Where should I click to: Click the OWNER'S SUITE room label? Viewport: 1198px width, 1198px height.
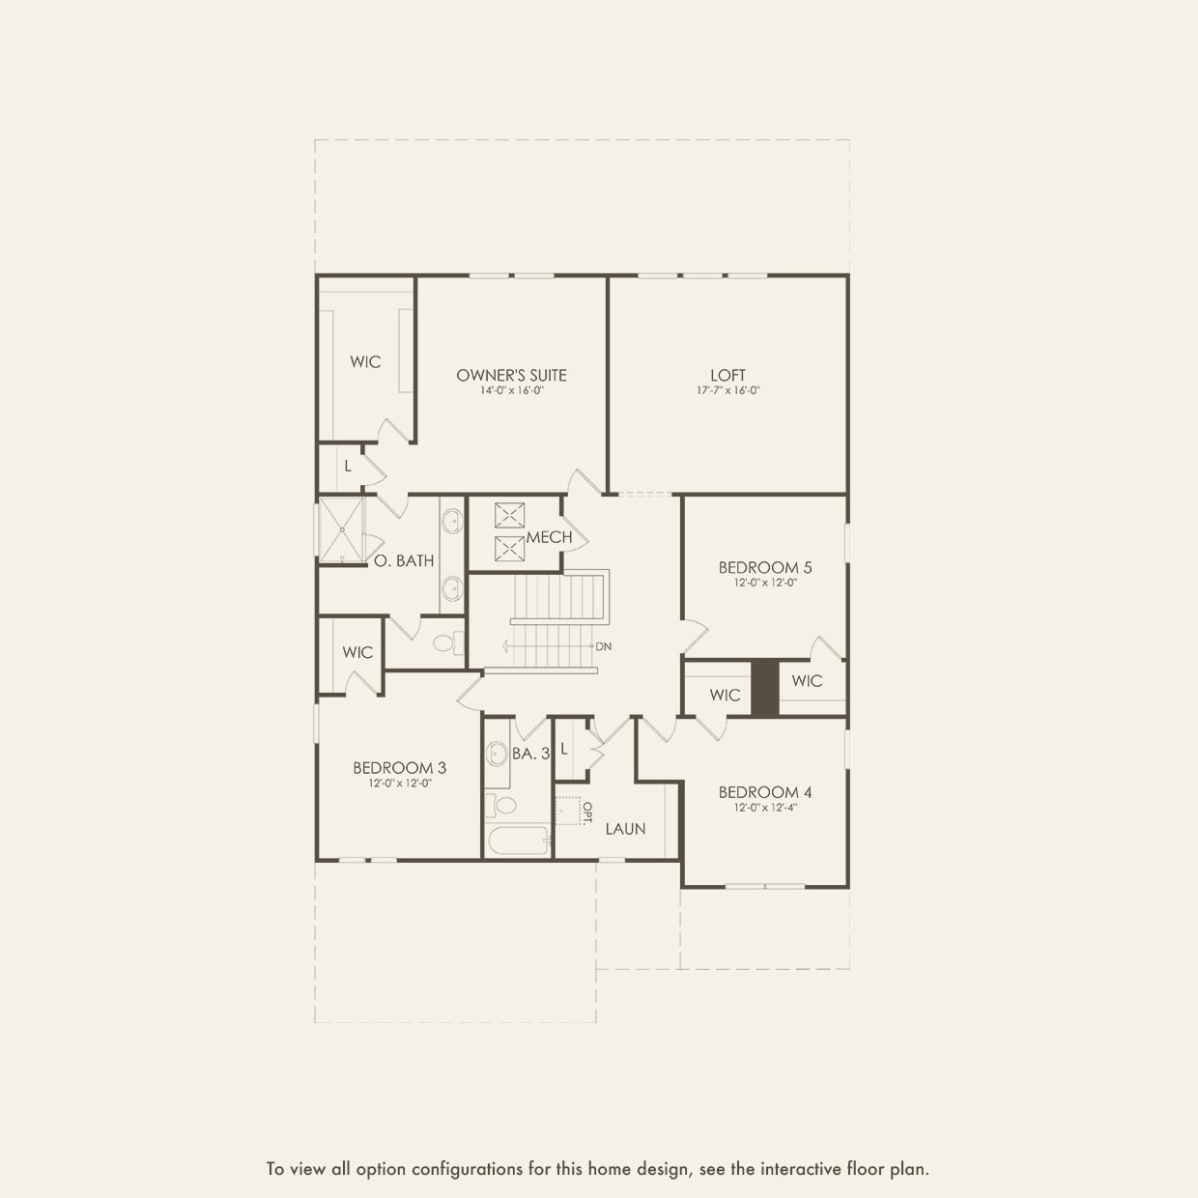(511, 375)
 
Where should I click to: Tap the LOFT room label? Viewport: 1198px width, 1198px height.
(727, 375)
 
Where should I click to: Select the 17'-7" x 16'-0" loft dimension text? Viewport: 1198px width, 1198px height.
(727, 391)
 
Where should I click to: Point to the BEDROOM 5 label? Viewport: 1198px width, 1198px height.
(765, 567)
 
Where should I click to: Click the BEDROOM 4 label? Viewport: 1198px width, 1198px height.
(765, 792)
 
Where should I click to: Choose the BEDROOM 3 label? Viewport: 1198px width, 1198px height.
(399, 768)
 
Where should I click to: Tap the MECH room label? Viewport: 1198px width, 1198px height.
(549, 537)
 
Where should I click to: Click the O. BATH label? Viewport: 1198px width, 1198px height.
(404, 560)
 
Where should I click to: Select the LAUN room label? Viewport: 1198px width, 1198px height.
(625, 829)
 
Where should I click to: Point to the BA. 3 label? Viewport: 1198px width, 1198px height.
(530, 754)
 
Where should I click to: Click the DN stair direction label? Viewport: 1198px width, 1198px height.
(604, 646)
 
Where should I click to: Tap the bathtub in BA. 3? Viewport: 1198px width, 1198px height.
(518, 840)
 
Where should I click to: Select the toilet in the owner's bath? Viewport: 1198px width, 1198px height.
(446, 642)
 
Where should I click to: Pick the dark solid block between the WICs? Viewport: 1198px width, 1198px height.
(765, 688)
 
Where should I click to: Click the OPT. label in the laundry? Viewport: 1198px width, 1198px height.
(586, 813)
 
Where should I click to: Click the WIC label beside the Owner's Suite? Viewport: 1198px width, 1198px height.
(365, 361)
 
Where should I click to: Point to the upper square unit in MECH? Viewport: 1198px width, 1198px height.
(509, 515)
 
